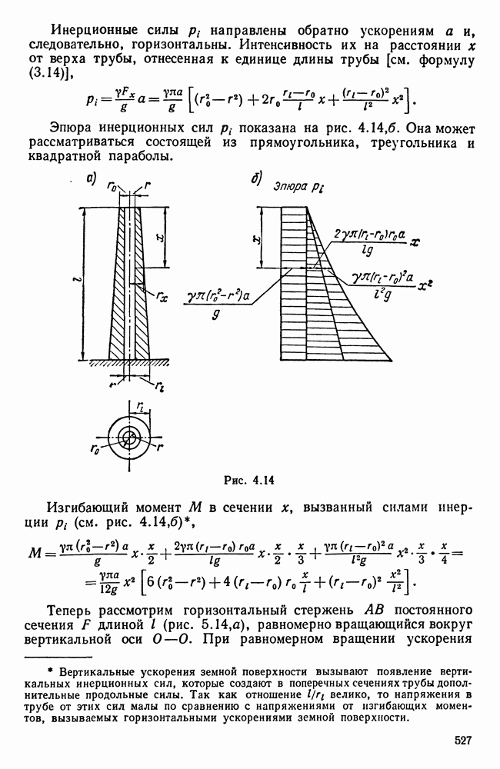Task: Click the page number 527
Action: [x=461, y=740]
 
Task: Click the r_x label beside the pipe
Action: [x=162, y=294]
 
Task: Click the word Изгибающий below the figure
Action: [x=92, y=508]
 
